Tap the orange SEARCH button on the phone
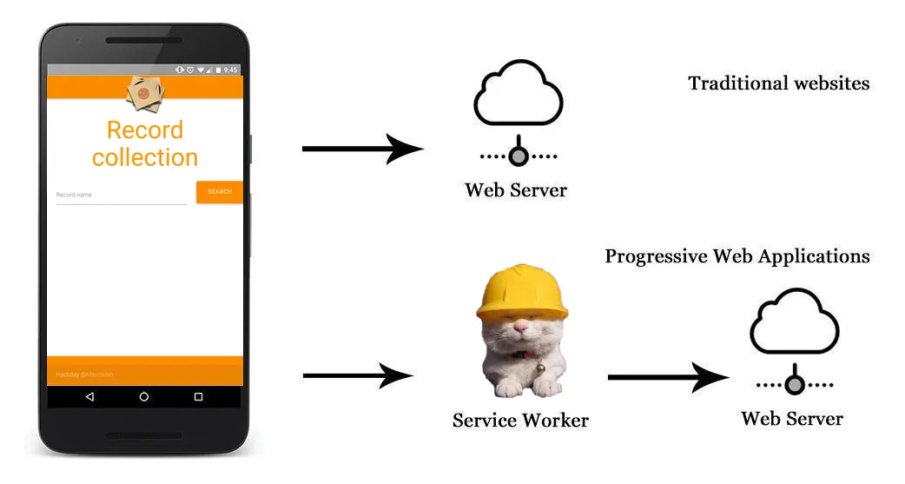[x=219, y=192]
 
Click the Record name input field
[x=121, y=196]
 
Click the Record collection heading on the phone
[x=145, y=143]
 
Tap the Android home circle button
[x=144, y=397]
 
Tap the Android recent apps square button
[x=198, y=397]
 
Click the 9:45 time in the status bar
[x=230, y=70]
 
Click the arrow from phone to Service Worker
[x=357, y=375]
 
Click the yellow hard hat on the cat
[x=521, y=291]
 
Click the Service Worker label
[x=520, y=421]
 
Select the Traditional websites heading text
[x=778, y=83]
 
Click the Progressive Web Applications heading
[x=737, y=256]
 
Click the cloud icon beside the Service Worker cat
[x=794, y=323]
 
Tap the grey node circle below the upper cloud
[x=519, y=156]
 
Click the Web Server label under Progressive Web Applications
[x=791, y=419]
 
